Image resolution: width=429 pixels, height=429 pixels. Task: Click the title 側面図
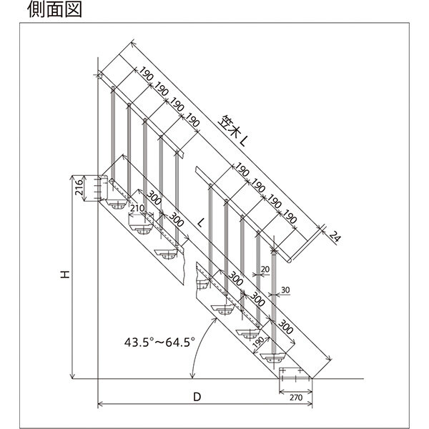[54, 9]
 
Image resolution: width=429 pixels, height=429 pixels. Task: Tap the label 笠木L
[234, 131]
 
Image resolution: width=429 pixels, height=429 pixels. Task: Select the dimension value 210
[138, 208]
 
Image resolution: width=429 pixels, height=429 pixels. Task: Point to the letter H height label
[64, 275]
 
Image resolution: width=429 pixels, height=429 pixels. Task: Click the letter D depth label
[197, 395]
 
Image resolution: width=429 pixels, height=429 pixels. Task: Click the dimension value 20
[265, 268]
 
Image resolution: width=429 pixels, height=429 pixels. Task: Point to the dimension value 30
[285, 290]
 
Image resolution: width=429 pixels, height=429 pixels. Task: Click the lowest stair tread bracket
[275, 356]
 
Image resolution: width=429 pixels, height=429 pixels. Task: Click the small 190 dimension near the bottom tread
[258, 342]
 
